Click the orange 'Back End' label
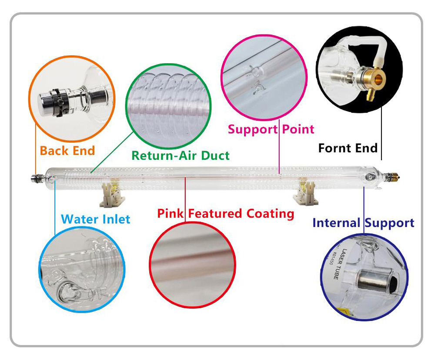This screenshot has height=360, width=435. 67,151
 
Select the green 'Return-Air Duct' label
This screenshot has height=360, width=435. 181,155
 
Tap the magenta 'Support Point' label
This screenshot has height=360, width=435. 271,129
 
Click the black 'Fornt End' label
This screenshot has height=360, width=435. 348,148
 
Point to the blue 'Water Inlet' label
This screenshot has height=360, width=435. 96,219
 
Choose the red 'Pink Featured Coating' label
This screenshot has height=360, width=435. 225,214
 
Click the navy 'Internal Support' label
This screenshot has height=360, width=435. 363,223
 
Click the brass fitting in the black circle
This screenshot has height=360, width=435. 374,79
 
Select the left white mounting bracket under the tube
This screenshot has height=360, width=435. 109,195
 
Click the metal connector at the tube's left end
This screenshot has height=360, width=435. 35,178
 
